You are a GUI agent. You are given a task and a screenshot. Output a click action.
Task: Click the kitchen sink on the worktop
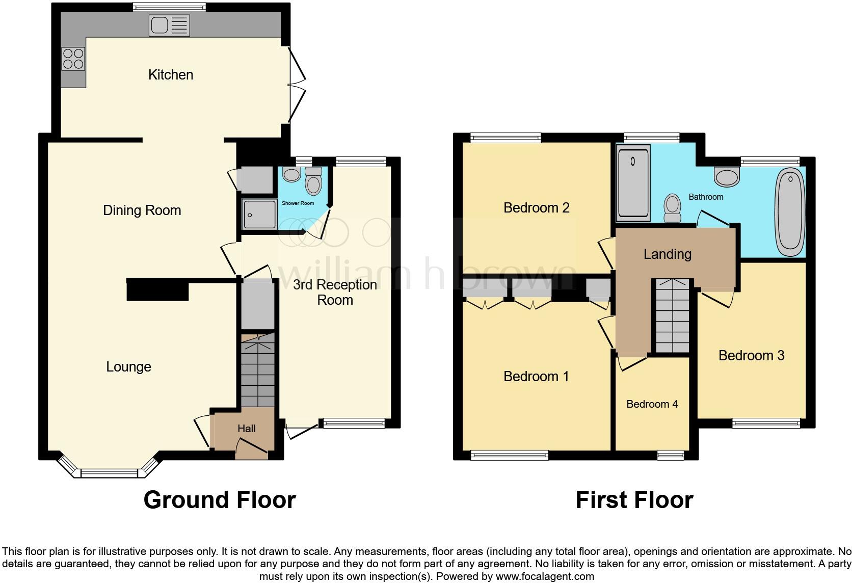pyautogui.click(x=169, y=25)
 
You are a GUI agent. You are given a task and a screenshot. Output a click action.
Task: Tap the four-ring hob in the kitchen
pyautogui.click(x=73, y=58)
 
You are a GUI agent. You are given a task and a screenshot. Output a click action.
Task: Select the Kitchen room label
pyautogui.click(x=171, y=75)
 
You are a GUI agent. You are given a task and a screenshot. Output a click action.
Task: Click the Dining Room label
pyautogui.click(x=142, y=210)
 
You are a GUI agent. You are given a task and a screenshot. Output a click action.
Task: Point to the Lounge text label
pyautogui.click(x=128, y=367)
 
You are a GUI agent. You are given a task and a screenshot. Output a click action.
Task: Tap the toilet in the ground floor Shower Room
pyautogui.click(x=313, y=181)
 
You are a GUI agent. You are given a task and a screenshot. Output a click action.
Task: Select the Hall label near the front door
pyautogui.click(x=247, y=429)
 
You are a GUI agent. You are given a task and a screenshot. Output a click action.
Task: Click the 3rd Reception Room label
pyautogui.click(x=335, y=292)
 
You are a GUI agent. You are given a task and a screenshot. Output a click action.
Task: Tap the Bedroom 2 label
pyautogui.click(x=536, y=208)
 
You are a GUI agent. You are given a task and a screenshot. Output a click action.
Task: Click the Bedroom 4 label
pyautogui.click(x=652, y=404)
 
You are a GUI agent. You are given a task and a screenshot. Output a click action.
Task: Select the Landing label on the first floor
pyautogui.click(x=667, y=254)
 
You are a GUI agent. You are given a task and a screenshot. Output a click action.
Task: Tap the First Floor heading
pyautogui.click(x=634, y=500)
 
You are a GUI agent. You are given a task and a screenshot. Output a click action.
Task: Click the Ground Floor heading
pyautogui.click(x=220, y=500)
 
